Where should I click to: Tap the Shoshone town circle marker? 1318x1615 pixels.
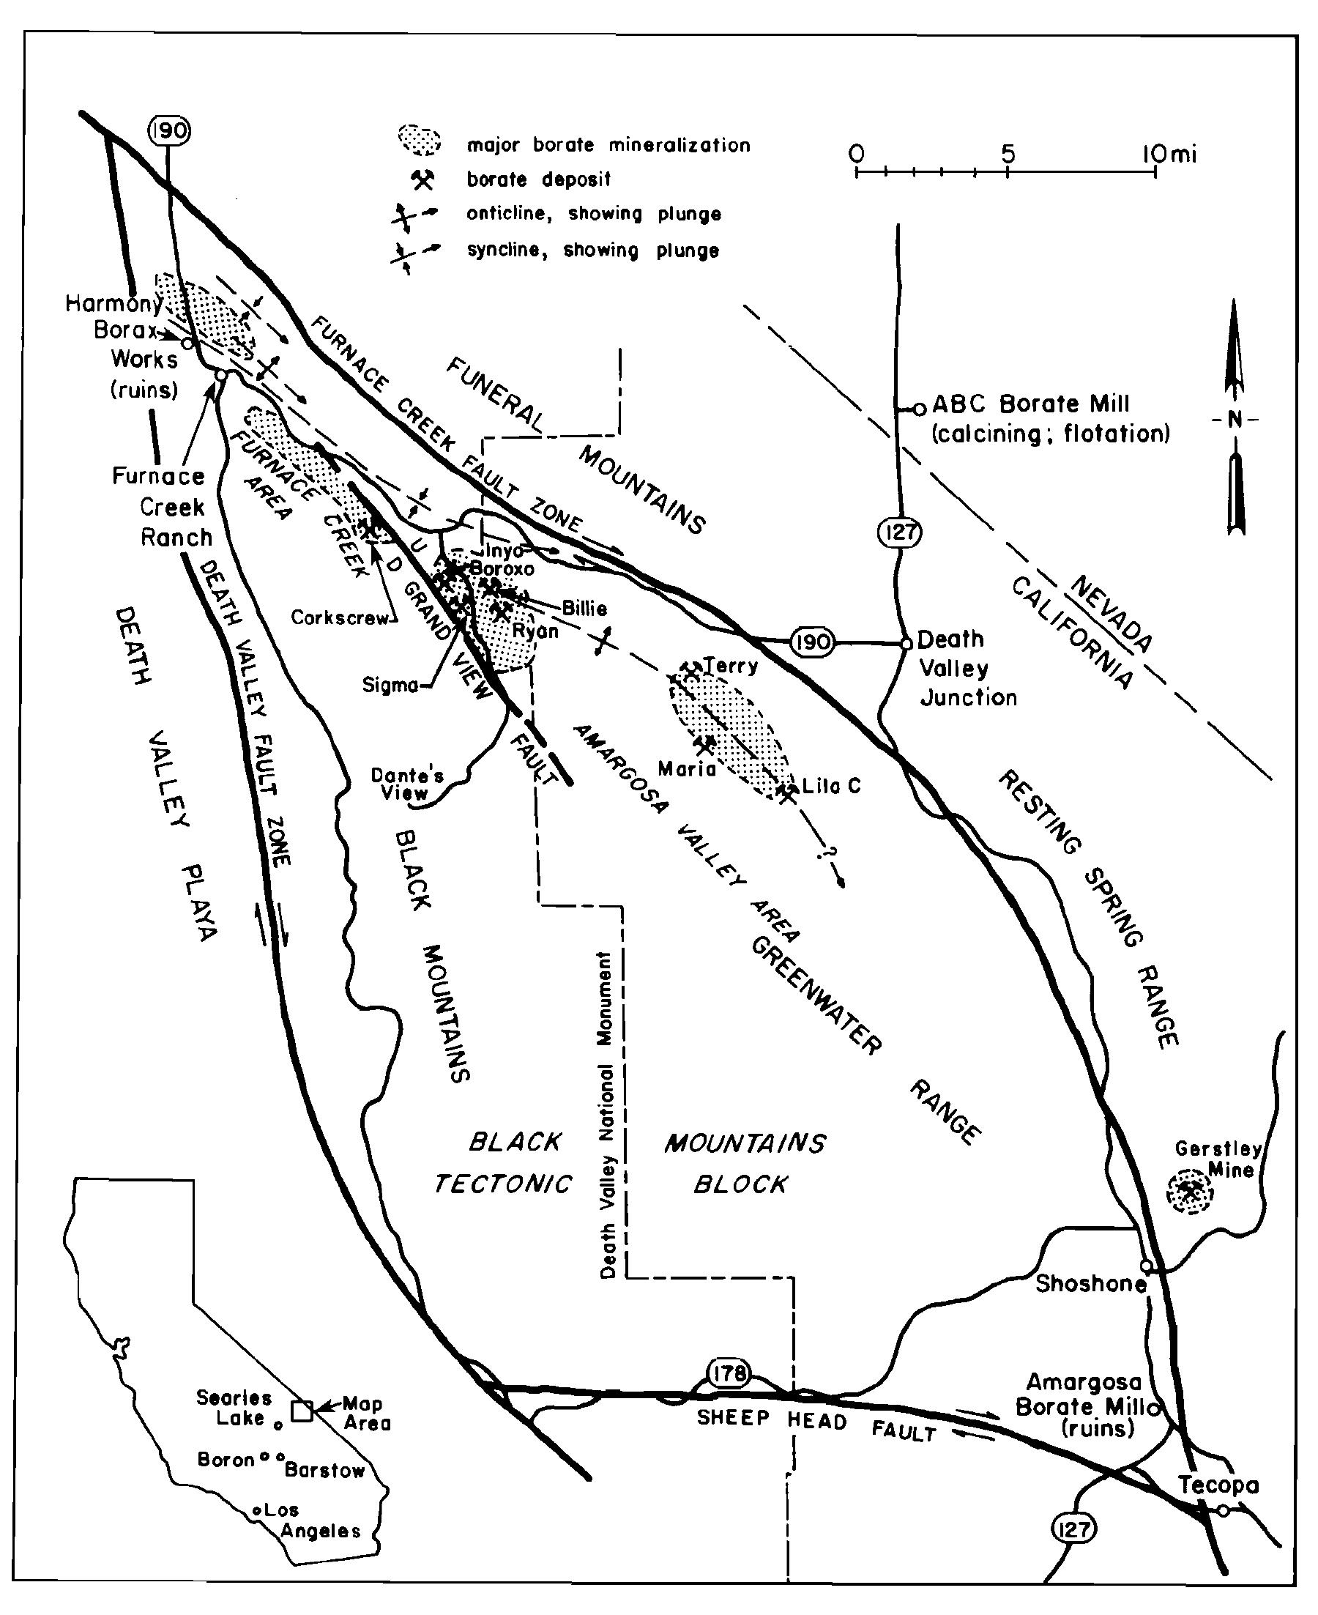[1147, 1266]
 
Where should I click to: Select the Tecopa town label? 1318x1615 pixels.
[1218, 1485]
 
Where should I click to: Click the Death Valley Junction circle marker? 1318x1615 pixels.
[906, 643]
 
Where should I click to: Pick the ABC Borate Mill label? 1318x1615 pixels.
[1030, 404]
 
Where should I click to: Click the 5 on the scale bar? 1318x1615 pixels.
[1007, 154]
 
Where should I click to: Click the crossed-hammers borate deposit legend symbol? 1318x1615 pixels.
[422, 180]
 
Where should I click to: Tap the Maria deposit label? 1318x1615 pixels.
[686, 769]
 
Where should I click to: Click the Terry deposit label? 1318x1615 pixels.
[730, 666]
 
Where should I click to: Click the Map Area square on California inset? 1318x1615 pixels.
[303, 1411]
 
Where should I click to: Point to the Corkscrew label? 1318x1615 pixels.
[339, 617]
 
